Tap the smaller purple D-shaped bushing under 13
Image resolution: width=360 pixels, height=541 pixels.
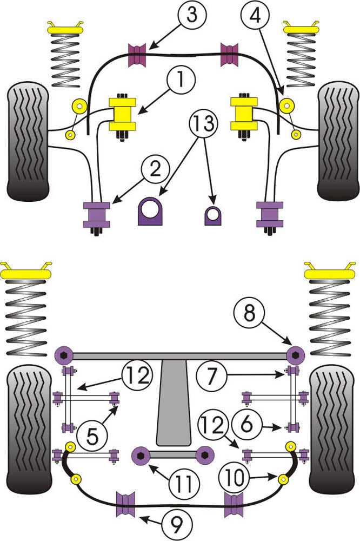point(213,215)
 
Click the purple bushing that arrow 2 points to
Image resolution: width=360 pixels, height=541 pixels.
point(96,214)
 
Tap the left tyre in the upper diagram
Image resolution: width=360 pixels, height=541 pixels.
point(28,142)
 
